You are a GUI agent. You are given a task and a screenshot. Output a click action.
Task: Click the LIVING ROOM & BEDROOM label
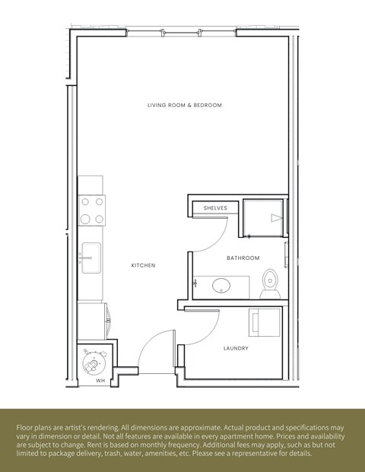point(185,105)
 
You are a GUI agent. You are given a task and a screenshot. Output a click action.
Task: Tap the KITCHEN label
point(143,265)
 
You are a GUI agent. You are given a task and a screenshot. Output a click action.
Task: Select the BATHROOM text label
point(243,258)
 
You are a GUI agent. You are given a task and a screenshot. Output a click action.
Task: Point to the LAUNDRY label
point(236,349)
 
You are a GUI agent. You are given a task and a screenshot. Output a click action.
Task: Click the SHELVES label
point(215,207)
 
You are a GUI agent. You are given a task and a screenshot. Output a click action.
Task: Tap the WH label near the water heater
point(100,381)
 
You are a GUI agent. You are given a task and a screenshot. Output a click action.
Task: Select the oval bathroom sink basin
point(221,286)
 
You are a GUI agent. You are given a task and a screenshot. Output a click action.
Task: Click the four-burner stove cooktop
point(93,210)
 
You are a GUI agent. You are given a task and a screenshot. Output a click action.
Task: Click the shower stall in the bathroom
point(265,215)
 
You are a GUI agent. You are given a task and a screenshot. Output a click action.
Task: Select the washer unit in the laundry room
point(266,322)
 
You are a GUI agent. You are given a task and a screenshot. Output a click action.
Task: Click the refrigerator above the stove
point(90,185)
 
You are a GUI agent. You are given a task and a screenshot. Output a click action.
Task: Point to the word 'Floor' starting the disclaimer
point(24,428)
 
